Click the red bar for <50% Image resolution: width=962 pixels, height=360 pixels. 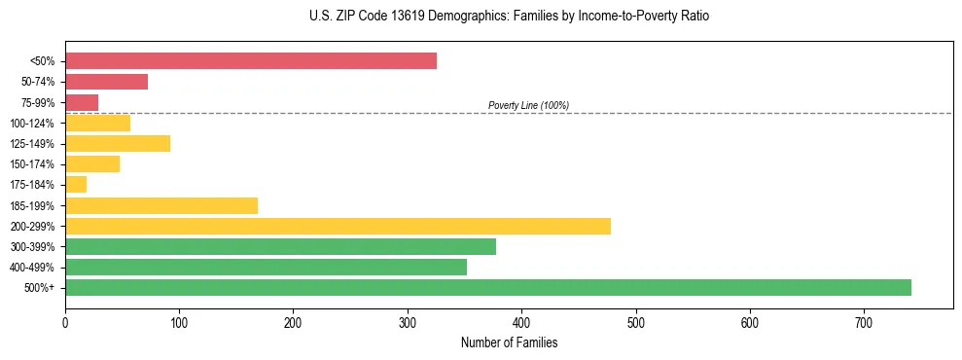click(251, 61)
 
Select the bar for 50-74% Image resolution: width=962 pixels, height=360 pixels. click(106, 82)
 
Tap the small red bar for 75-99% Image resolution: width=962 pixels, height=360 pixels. click(82, 102)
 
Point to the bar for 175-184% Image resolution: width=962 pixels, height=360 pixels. click(76, 185)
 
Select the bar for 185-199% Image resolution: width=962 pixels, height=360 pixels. click(161, 205)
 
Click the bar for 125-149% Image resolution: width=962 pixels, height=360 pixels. click(118, 143)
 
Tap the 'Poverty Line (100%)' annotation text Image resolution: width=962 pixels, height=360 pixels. click(528, 105)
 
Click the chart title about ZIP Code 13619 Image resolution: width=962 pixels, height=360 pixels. click(481, 17)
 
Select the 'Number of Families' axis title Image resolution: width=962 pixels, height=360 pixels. click(509, 343)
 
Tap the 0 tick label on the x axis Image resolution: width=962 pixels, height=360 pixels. click(65, 323)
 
